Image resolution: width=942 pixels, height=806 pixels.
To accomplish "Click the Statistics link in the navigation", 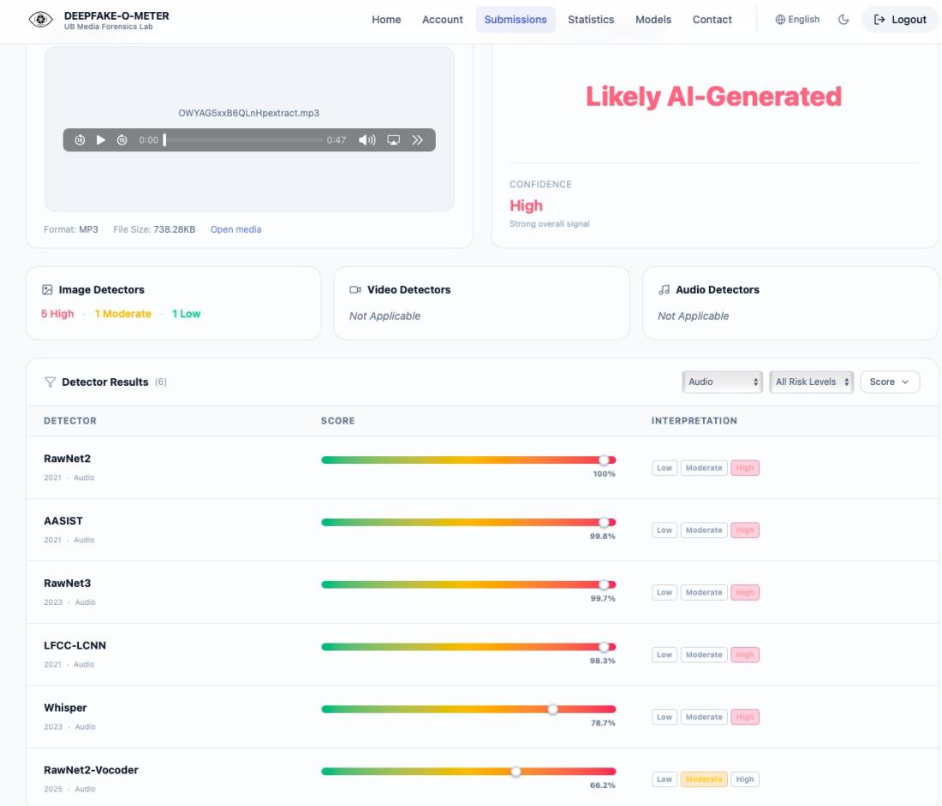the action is [x=591, y=19].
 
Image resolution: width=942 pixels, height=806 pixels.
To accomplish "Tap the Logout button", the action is [x=899, y=19].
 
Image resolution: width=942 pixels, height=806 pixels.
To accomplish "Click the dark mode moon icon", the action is [x=844, y=19].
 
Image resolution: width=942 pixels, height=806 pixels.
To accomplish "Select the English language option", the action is [x=797, y=19].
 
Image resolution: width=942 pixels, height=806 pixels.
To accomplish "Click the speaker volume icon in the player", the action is [x=367, y=139].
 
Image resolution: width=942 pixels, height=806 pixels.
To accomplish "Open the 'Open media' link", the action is [x=235, y=229].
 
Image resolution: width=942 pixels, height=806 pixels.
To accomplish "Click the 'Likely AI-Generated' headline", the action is [x=713, y=97].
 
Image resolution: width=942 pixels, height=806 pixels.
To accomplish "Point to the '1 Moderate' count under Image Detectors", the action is [x=122, y=314].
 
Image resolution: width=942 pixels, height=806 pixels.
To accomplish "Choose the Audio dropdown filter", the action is [x=722, y=382].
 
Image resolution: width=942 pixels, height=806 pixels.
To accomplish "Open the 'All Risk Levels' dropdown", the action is [x=811, y=382].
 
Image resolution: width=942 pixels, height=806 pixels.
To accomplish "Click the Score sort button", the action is [x=889, y=382].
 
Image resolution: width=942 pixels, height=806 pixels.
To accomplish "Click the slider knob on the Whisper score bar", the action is [x=552, y=709].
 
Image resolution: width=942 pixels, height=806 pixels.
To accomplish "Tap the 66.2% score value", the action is [x=603, y=785].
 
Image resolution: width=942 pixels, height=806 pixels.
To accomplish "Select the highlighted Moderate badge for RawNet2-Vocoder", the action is [x=703, y=779].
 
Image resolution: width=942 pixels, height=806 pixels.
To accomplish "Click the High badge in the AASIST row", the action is [x=745, y=530].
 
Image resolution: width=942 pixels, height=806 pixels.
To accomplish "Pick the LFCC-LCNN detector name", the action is [x=75, y=645].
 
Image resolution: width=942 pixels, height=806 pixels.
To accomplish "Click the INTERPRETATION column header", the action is [x=694, y=421].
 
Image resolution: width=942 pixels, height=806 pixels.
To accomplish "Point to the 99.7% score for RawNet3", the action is [x=603, y=598].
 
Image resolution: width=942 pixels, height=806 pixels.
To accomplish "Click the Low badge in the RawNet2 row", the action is [x=664, y=467].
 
